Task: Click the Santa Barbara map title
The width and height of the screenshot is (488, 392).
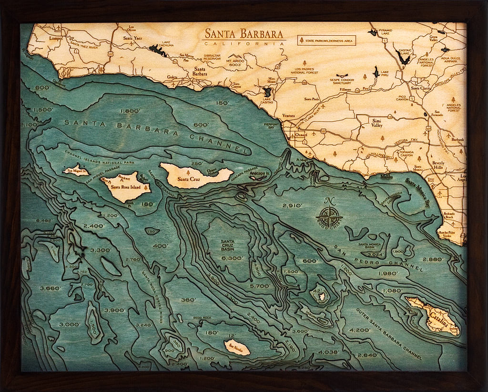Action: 244,34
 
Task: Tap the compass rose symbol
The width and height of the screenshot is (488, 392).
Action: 329,217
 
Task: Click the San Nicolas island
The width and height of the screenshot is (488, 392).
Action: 237,347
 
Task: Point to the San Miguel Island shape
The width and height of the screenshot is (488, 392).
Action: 76,170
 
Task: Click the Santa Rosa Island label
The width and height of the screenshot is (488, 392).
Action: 125,187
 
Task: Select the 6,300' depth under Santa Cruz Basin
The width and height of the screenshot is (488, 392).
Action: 233,258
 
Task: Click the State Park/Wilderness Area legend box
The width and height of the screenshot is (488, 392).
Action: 327,40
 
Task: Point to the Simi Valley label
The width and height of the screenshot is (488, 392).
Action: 377,123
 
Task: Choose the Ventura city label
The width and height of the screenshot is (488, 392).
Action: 289,116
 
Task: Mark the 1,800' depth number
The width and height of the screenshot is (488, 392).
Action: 130,111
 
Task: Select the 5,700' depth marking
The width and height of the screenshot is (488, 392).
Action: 260,287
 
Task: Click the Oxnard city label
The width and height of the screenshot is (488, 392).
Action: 301,135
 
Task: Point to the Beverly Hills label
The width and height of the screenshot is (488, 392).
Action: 438,165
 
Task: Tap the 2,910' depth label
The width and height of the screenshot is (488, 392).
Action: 292,206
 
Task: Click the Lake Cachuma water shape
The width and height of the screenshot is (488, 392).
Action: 158,50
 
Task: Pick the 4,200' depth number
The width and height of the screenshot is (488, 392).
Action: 360,330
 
